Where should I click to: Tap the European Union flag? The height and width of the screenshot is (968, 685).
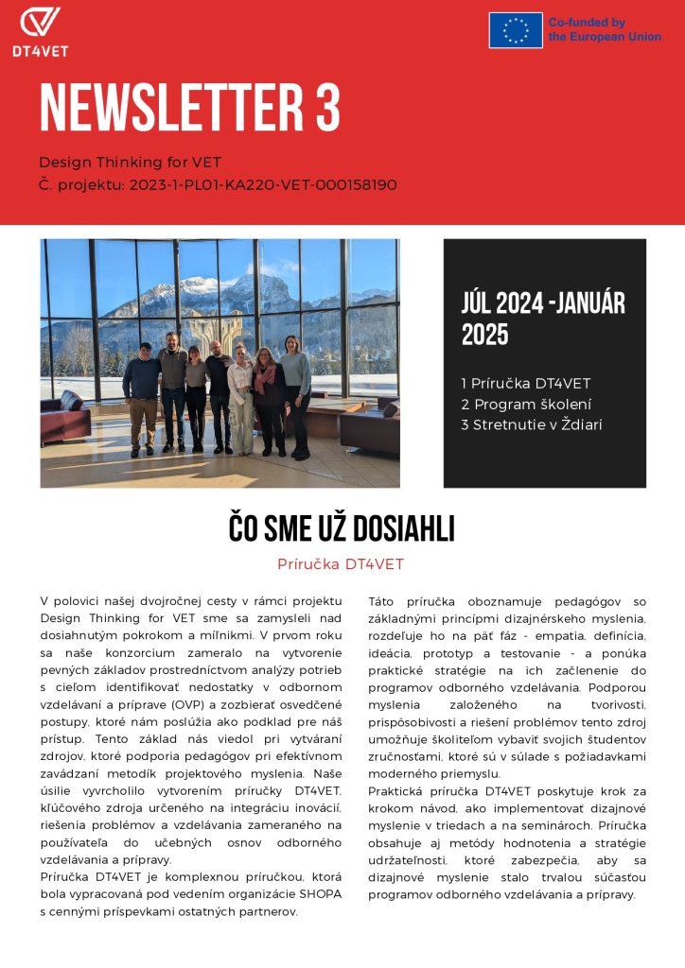pyautogui.click(x=516, y=30)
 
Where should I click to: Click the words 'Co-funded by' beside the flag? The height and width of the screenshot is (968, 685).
pyautogui.click(x=587, y=23)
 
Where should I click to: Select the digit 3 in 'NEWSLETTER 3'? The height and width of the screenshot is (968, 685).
pyautogui.click(x=327, y=108)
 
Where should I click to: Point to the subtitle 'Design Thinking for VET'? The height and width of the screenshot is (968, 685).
pyautogui.click(x=130, y=163)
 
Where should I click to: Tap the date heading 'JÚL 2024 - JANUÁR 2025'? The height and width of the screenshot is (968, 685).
pyautogui.click(x=543, y=319)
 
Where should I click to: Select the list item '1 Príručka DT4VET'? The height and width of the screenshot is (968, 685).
pyautogui.click(x=524, y=383)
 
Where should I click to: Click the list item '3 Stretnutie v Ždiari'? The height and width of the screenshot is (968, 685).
pyautogui.click(x=531, y=424)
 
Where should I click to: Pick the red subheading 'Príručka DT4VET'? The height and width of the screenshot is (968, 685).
pyautogui.click(x=341, y=564)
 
